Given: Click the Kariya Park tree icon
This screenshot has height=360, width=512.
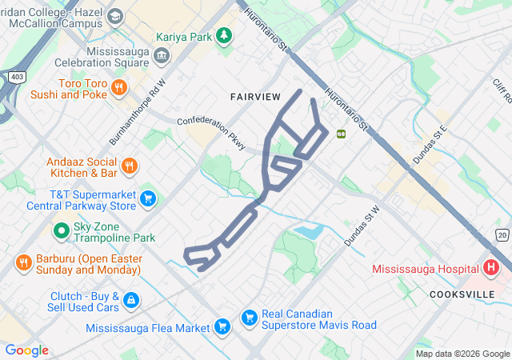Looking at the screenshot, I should tap(225, 34).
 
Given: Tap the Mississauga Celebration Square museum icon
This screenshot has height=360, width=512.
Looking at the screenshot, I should tap(162, 55).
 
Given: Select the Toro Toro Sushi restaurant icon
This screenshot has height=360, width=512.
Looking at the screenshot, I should tap(118, 86).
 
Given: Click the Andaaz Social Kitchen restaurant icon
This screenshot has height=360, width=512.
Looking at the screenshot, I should tap(130, 166).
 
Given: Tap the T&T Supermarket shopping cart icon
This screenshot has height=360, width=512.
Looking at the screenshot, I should tap(148, 198).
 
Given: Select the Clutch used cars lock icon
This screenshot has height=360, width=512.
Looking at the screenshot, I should tap(131, 301).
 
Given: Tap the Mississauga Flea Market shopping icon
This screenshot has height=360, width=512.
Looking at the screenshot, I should tap(222, 326).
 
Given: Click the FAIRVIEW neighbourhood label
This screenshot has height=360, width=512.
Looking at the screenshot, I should tap(255, 97).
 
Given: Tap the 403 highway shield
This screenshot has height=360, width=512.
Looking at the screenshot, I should tap(17, 76).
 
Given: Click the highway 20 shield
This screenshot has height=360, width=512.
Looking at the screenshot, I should tap(502, 234).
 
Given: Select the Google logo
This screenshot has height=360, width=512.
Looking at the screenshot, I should tap(26, 350).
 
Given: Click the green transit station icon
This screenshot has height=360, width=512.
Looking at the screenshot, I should tap(342, 134).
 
